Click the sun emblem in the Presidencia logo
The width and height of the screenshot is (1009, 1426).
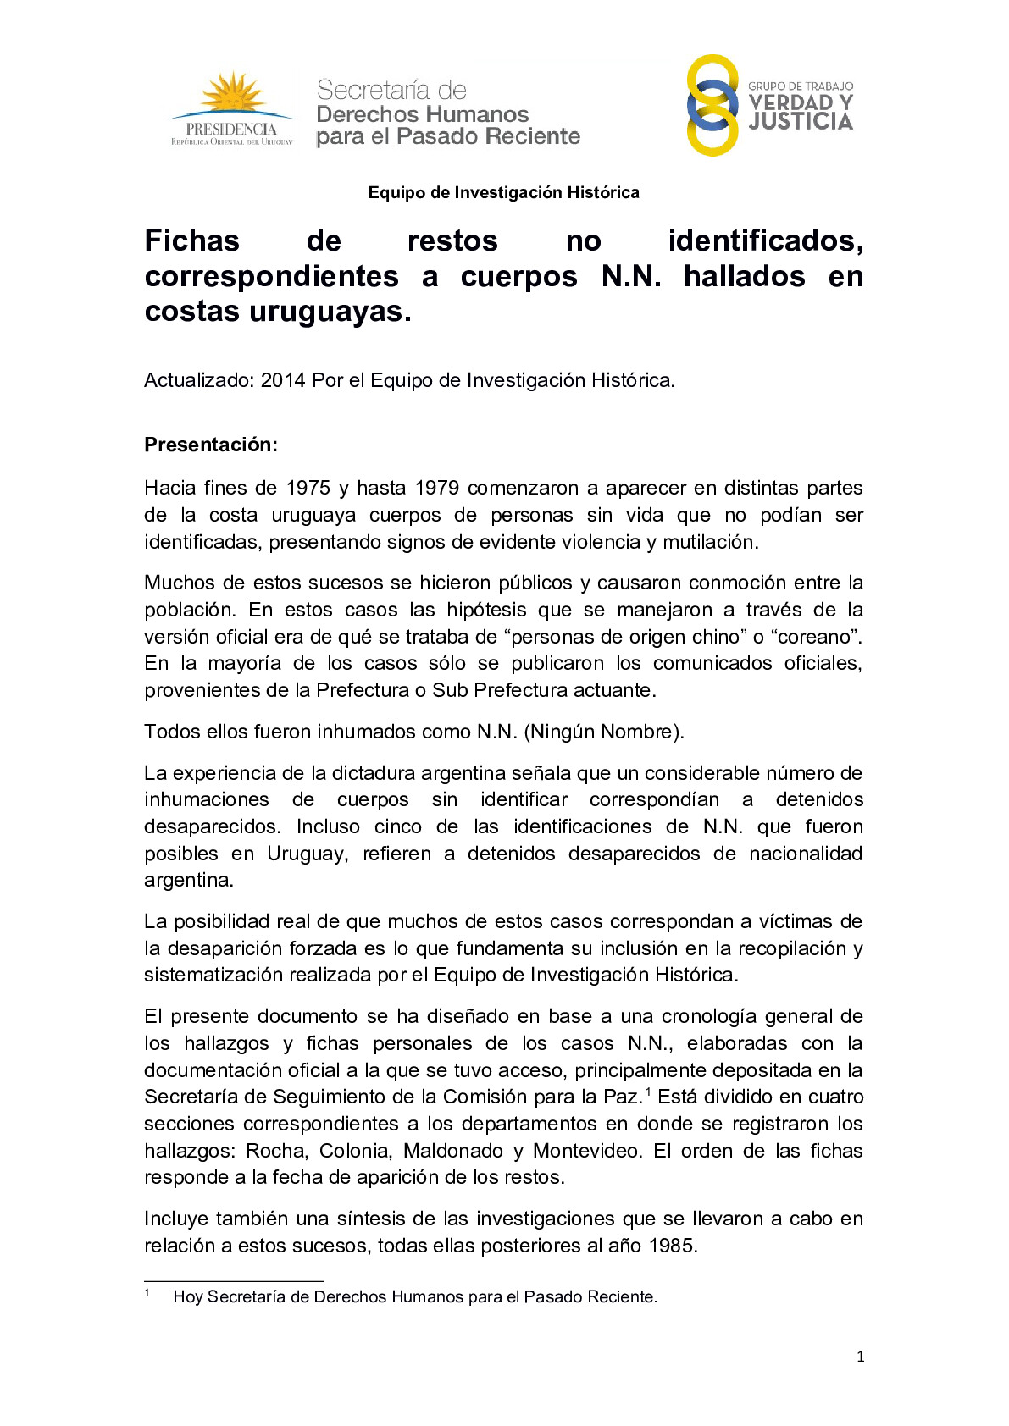[x=231, y=94]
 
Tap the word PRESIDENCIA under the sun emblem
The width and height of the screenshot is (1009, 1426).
[x=231, y=130]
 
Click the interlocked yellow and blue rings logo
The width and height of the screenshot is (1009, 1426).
[x=712, y=106]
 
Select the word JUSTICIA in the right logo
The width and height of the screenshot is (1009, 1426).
[x=801, y=122]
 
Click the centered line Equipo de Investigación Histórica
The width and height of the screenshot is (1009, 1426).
[x=503, y=193]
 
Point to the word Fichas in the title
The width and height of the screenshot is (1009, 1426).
[x=192, y=241]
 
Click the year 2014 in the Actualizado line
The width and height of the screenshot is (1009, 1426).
[x=283, y=381]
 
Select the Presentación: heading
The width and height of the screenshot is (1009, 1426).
[x=211, y=445]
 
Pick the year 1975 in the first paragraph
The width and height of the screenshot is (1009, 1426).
[x=308, y=489]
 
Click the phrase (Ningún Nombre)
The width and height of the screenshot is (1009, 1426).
[x=604, y=732]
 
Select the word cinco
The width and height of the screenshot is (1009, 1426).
[x=398, y=827]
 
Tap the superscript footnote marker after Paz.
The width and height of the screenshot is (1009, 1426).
[x=648, y=1092]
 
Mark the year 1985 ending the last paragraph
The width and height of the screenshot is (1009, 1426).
[x=671, y=1246]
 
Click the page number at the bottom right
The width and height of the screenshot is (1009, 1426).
[x=861, y=1357]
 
